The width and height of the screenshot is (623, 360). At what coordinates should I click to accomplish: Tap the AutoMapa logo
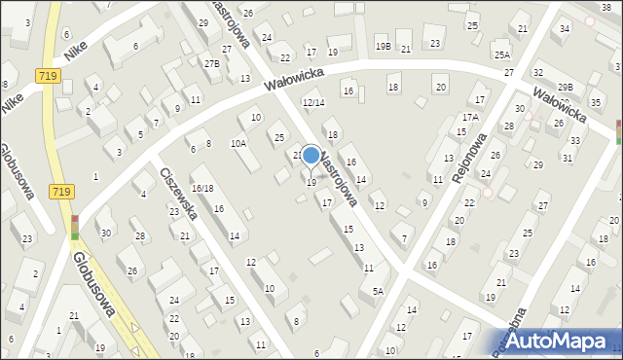(562, 341)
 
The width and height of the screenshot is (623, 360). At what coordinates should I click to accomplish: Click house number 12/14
(312, 102)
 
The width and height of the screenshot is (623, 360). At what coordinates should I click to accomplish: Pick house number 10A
(238, 143)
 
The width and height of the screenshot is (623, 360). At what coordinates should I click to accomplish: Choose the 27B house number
(211, 63)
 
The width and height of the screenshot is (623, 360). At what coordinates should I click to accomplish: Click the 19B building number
(383, 47)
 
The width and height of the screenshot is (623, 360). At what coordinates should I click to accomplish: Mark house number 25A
(501, 54)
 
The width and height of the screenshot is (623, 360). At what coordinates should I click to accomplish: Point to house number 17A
(470, 117)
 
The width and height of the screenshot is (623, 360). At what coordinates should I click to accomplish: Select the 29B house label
(566, 88)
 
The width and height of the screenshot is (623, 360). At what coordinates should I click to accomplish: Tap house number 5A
(378, 290)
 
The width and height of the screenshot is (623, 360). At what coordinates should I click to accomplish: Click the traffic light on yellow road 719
(75, 230)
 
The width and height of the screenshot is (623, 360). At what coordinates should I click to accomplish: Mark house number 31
(567, 157)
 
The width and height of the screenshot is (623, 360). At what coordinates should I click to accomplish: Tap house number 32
(537, 73)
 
